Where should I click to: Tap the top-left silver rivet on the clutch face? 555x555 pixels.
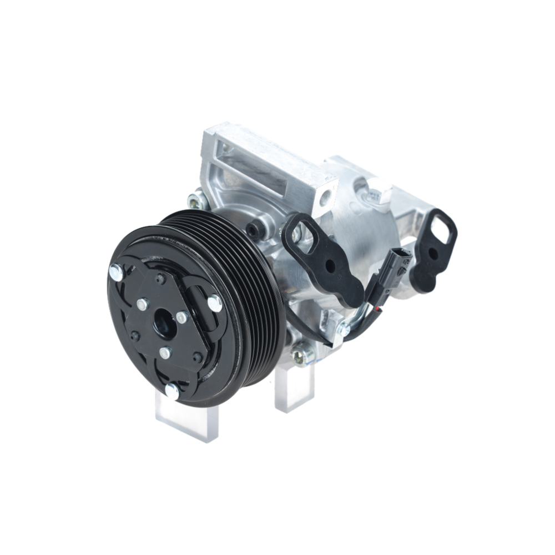(116, 272)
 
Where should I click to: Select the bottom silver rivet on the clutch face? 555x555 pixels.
(172, 391)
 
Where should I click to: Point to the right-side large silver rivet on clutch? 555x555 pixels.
(214, 303)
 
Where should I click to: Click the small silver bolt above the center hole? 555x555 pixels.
(143, 304)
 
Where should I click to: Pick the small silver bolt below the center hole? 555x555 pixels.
(165, 352)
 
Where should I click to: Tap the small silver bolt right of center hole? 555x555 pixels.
(181, 317)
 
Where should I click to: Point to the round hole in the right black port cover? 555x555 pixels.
(431, 255)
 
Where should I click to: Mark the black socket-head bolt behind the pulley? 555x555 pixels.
(256, 229)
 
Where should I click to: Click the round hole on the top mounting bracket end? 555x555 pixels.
(325, 195)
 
